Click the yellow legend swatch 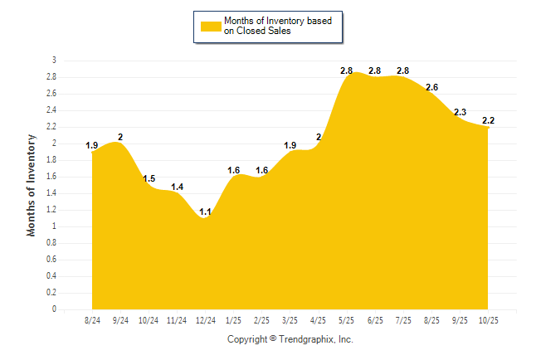211,26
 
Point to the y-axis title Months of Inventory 32,185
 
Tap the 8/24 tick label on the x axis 93,320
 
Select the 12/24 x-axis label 205,320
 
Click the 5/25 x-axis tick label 347,320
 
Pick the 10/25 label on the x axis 488,320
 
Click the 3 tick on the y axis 54,61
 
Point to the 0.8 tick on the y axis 51,243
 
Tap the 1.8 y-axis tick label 51,160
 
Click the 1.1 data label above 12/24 206,212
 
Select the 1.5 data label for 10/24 149,178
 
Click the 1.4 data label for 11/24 178,187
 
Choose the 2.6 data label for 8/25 431,87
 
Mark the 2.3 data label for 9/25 460,112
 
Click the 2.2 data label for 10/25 488,120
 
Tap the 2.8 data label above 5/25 347,71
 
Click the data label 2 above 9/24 120,137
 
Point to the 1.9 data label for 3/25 290,145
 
